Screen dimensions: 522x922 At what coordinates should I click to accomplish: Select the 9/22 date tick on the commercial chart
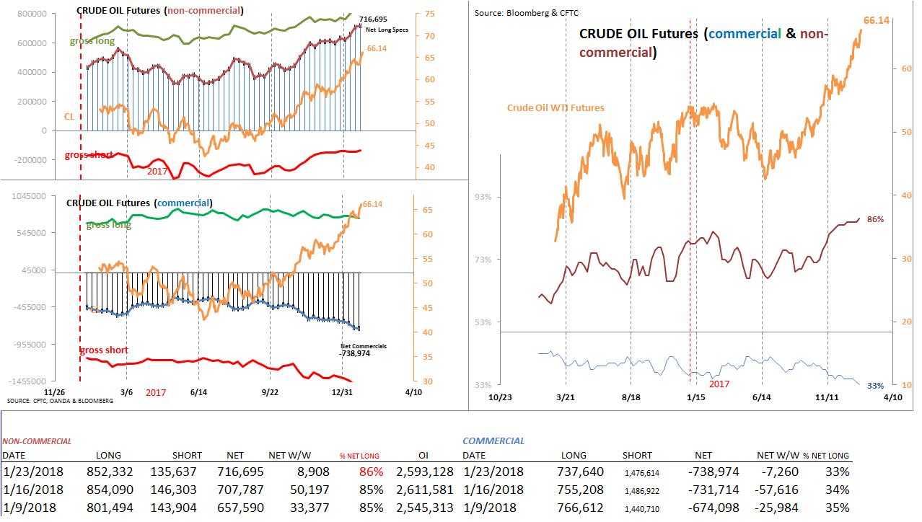tap(269, 392)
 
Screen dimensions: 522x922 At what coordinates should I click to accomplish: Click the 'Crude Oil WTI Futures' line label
tap(555, 107)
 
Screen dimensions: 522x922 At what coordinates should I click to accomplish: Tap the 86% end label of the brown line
tap(875, 219)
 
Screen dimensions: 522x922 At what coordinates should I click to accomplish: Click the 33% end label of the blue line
tap(874, 386)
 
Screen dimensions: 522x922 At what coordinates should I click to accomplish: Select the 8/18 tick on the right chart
tap(631, 397)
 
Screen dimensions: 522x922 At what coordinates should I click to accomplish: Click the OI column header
tap(425, 456)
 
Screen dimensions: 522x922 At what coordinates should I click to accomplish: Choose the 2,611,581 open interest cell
tap(425, 490)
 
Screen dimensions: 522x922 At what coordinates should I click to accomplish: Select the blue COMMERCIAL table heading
tap(493, 441)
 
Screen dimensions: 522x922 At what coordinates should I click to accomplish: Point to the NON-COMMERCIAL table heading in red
tap(37, 441)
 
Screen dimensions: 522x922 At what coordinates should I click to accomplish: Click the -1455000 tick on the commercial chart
tap(25, 381)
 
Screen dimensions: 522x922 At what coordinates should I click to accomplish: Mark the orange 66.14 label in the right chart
tap(876, 21)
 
